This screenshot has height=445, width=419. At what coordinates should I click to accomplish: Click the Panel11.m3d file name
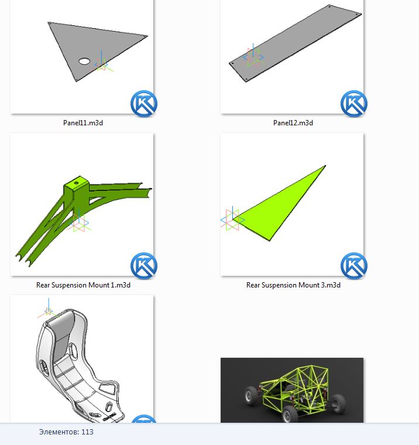click(83, 123)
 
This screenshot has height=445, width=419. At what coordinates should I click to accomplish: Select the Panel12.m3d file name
click(293, 123)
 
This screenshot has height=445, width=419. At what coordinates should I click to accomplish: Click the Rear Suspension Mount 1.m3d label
click(83, 285)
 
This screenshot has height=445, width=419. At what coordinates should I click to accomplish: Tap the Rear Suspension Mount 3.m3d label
click(293, 285)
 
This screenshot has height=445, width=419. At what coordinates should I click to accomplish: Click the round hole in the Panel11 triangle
click(84, 61)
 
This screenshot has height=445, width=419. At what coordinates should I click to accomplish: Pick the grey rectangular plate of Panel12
click(295, 43)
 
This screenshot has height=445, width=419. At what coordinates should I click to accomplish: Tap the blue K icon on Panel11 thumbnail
click(144, 104)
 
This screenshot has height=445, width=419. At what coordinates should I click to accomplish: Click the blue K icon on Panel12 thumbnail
click(354, 104)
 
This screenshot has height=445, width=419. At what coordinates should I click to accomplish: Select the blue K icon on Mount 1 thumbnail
click(144, 266)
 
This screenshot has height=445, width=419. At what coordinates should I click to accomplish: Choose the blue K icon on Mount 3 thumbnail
click(354, 266)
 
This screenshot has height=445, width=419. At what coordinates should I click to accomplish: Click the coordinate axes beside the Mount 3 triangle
click(232, 218)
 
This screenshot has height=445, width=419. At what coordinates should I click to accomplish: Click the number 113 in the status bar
click(87, 432)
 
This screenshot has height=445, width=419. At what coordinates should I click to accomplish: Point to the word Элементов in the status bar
click(59, 432)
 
